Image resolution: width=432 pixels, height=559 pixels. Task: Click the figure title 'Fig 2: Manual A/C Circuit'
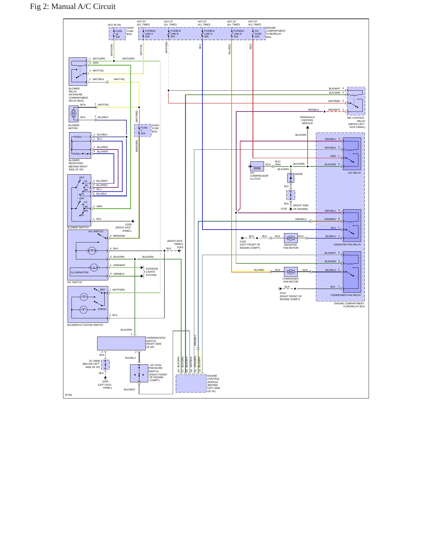[73, 7]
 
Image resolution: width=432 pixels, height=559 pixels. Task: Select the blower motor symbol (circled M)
[74, 114]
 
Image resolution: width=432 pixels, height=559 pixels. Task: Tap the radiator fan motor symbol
[291, 238]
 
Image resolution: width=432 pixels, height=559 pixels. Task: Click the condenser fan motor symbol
[291, 272]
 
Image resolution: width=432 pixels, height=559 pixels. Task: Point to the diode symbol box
[291, 178]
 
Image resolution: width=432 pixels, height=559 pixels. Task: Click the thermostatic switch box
[121, 343]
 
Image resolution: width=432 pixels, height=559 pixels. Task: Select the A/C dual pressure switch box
[139, 373]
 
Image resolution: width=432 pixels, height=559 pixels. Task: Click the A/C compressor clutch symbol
[257, 166]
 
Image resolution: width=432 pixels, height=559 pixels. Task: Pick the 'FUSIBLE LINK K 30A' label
[150, 34]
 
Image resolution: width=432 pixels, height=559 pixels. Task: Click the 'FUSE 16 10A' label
[119, 34]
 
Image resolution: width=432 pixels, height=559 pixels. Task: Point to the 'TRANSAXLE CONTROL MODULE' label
[307, 120]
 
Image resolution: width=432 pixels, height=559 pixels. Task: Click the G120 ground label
[284, 209]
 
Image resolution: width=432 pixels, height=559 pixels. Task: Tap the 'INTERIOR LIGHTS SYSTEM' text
[152, 272]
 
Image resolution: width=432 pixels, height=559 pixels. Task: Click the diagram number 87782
[68, 395]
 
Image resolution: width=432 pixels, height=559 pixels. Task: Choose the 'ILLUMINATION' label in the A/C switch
[80, 272]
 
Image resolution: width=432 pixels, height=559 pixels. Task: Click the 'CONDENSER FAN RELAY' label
[346, 295]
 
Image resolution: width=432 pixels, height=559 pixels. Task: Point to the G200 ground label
[105, 381]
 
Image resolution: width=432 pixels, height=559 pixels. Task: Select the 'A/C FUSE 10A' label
[258, 34]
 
